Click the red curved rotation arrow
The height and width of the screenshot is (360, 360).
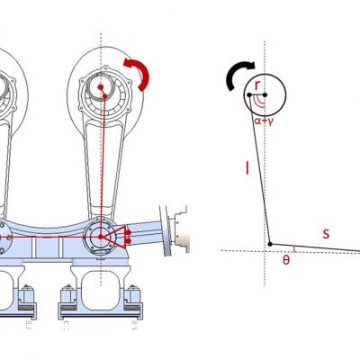point(143,72)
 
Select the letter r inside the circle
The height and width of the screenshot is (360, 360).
point(257,85)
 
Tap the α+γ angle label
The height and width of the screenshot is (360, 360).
point(263,121)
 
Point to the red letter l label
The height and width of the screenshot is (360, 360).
point(247,168)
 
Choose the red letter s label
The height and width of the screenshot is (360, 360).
point(326,233)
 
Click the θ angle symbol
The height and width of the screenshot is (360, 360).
point(286,260)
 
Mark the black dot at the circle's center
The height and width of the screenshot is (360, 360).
point(265,94)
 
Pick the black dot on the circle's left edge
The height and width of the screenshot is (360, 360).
point(249,95)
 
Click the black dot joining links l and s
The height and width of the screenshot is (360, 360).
point(270,244)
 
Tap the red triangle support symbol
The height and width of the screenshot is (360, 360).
point(115,237)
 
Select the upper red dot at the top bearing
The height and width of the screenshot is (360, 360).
point(101,87)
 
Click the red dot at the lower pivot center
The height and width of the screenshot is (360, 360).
point(101,237)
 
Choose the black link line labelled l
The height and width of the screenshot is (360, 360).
point(260,169)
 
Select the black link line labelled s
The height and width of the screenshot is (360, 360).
point(315,247)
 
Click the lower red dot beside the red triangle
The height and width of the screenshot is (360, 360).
point(129,241)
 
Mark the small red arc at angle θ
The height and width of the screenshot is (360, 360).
point(294,248)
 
